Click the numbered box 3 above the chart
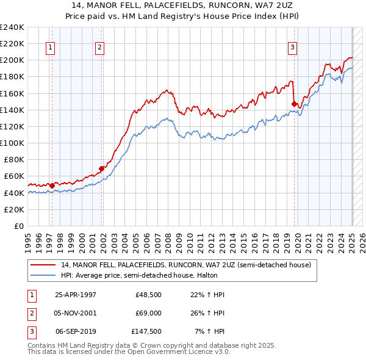pos(292,47)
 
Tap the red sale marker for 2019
pos(295,104)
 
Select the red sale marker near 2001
pos(102,168)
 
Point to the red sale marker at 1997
pos(52,185)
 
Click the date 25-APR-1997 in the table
pos(75,295)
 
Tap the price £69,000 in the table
pos(147,313)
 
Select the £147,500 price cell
pos(146,331)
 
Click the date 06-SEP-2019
pos(76,331)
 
